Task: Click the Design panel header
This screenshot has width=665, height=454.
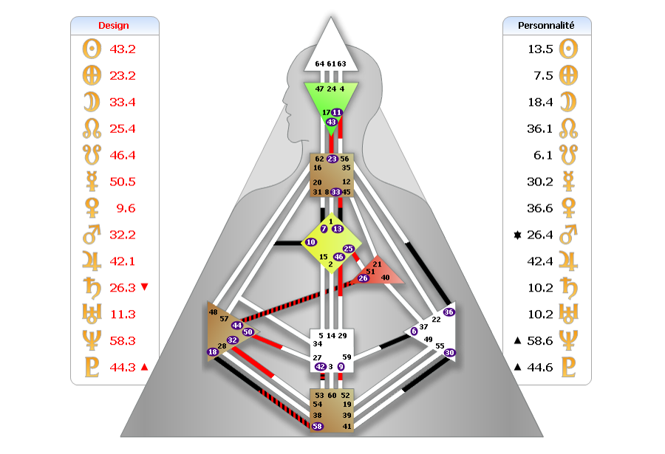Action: (x=114, y=25)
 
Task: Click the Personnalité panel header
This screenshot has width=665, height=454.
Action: (x=547, y=25)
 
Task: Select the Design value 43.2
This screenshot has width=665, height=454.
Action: (x=122, y=49)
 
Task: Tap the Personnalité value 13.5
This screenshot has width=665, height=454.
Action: (x=539, y=49)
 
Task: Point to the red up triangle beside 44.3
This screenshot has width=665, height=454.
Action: (x=144, y=367)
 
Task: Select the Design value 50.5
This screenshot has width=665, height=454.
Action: (x=122, y=182)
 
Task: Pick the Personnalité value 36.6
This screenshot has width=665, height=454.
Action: (x=539, y=208)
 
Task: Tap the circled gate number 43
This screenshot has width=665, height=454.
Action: (x=332, y=122)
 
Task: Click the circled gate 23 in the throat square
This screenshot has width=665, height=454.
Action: (x=332, y=159)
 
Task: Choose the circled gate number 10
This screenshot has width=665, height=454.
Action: (x=310, y=242)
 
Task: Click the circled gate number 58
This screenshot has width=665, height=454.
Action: (x=318, y=426)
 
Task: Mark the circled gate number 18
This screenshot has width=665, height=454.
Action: (x=213, y=352)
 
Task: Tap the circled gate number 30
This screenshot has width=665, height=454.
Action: (x=449, y=352)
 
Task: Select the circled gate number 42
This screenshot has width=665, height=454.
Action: (x=320, y=366)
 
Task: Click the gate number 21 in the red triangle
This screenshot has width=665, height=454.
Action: (x=377, y=264)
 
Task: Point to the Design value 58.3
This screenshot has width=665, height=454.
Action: (x=122, y=340)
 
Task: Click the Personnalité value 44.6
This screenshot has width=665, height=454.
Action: (x=539, y=367)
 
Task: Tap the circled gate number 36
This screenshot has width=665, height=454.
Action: (x=449, y=312)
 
